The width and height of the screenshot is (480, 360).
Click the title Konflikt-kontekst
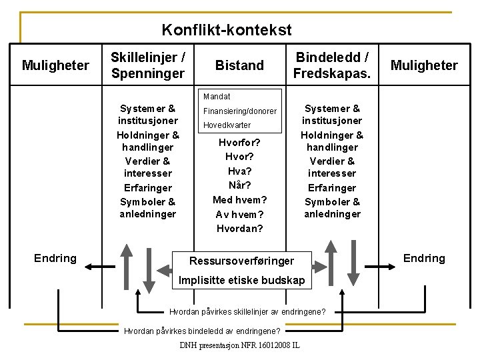(x=227, y=30)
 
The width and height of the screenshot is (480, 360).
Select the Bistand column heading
(x=239, y=65)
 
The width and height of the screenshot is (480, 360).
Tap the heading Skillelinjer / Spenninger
(x=148, y=65)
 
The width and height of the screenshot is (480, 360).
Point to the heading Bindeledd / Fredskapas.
(x=332, y=65)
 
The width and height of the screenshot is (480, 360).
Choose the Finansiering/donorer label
(x=239, y=111)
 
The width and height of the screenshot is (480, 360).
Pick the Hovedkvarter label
(x=227, y=125)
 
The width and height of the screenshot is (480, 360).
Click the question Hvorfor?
(x=239, y=142)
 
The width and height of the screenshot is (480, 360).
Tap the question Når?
(x=239, y=185)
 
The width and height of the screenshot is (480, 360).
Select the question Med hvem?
(x=239, y=199)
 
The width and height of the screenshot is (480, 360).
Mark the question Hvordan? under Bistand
(x=239, y=228)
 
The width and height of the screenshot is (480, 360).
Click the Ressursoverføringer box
(x=241, y=260)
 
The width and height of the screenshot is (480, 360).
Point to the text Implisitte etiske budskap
(x=241, y=281)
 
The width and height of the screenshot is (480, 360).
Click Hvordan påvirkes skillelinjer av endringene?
(x=247, y=311)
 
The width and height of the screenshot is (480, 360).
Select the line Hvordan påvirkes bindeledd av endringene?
(x=202, y=331)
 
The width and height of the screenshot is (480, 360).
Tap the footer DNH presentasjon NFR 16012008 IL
(x=239, y=345)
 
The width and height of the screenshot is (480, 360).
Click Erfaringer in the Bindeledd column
(x=332, y=187)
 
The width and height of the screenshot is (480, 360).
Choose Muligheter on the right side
(x=424, y=65)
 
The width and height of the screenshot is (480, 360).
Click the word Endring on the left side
(x=55, y=258)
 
